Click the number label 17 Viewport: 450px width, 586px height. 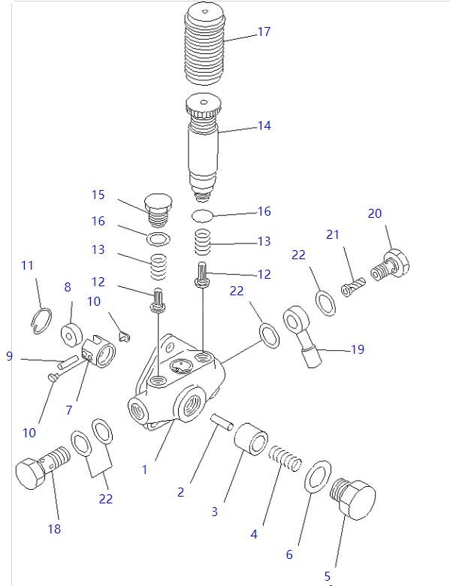point(264,32)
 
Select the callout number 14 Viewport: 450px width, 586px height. point(264,126)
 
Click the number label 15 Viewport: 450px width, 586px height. point(98,195)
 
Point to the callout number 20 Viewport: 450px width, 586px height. point(375,213)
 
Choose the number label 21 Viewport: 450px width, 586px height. point(333,235)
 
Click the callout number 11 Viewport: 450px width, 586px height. point(28,265)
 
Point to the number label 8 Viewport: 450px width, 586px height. point(67,286)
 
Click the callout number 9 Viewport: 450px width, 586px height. point(9,356)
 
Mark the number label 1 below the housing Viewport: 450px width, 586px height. point(145,470)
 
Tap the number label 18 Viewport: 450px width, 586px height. point(54,529)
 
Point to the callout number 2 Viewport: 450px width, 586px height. point(180,493)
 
